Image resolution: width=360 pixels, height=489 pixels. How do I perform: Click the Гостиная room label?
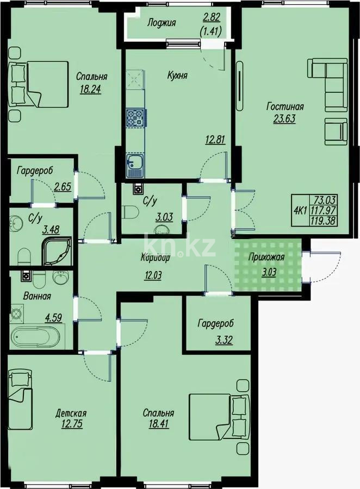[x=285, y=106]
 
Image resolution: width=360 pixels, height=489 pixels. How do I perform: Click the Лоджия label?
[x=162, y=23]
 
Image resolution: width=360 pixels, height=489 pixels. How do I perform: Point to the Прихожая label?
[x=265, y=258]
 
